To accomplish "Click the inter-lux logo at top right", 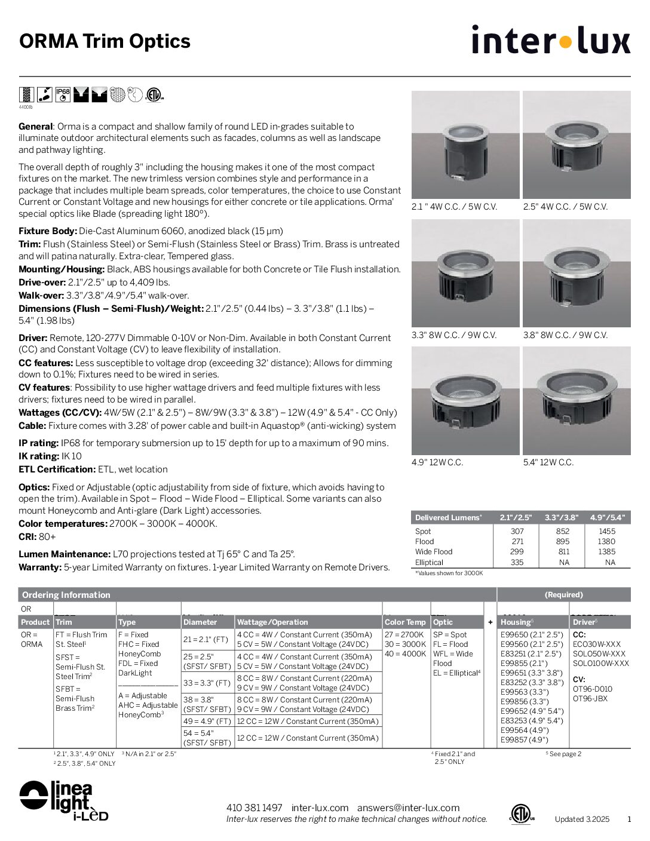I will pos(550,40).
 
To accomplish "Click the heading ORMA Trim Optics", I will pos(105,41).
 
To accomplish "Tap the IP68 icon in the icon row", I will pos(63,94).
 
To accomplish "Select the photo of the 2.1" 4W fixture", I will pos(465,145).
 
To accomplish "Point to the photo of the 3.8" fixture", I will pos(576,273).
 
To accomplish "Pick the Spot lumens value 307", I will pos(517,531).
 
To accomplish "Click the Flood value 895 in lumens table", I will pos(562,541).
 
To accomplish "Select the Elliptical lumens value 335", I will pos(517,562).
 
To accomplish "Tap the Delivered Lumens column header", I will pos(448,517).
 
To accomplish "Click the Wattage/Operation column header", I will pos(272,622).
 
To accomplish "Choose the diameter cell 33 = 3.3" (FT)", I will pos(206,683).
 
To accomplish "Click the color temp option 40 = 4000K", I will pos(405,653).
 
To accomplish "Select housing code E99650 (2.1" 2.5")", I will pos(531,634).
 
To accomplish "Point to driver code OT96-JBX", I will pos(590,698).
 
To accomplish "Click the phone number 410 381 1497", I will pos(254,808).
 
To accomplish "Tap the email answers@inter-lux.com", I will pos(408,808).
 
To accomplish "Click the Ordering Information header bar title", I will pos(66,594).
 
